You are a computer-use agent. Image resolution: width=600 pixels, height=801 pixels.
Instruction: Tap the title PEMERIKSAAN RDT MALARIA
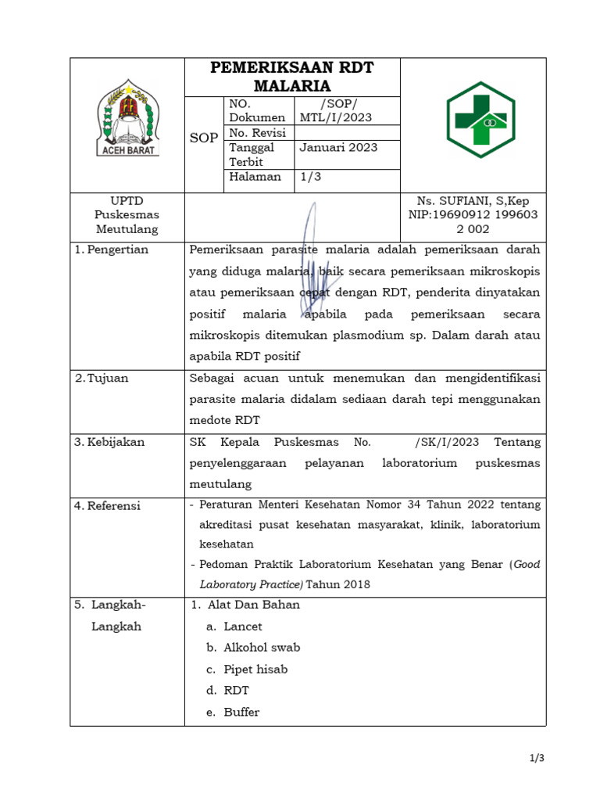click(x=292, y=77)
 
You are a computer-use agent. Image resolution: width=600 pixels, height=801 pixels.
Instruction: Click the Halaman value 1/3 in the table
click(x=310, y=177)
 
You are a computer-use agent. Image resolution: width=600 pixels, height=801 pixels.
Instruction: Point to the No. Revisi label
click(x=257, y=133)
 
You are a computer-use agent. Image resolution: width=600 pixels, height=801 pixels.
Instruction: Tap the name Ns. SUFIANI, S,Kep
click(x=473, y=201)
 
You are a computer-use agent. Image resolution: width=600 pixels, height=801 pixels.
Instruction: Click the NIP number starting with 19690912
click(x=473, y=215)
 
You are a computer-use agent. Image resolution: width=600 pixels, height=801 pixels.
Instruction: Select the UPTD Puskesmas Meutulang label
click(x=127, y=215)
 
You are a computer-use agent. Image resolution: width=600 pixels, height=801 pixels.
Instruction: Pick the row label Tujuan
click(x=107, y=378)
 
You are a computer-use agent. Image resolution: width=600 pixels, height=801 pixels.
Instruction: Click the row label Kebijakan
click(x=115, y=442)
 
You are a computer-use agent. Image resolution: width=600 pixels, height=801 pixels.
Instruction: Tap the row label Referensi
click(x=112, y=506)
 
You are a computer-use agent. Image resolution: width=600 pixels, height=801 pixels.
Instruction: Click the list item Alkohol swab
click(x=261, y=648)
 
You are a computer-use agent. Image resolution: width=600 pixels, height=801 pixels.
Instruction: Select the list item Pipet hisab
click(x=255, y=669)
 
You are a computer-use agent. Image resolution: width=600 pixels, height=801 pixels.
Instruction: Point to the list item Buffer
click(x=241, y=712)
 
